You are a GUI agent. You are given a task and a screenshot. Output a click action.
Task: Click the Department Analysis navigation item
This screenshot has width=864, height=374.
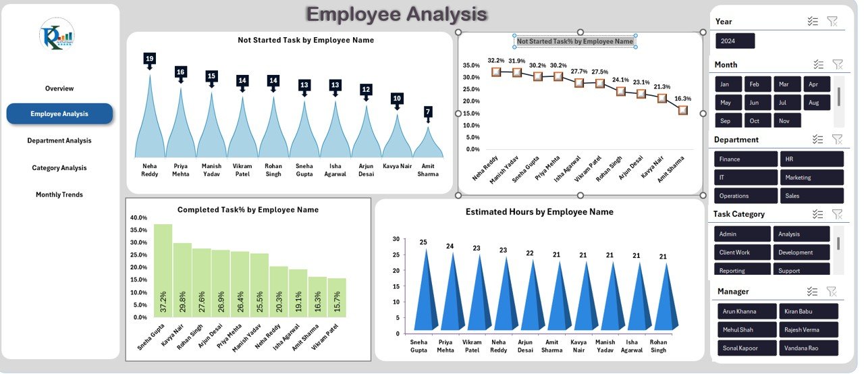(59, 140)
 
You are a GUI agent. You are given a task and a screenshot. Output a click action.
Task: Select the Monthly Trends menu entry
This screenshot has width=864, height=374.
(59, 194)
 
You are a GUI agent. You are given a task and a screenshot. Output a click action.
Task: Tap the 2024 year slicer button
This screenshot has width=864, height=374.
(735, 41)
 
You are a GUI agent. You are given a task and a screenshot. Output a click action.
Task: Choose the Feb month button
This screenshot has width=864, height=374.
(755, 84)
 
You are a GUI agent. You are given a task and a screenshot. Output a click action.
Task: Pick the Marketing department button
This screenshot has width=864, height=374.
(812, 178)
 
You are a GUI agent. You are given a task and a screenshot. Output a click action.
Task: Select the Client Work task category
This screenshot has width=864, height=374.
(742, 252)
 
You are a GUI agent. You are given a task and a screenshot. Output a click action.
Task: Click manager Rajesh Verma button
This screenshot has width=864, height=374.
(808, 330)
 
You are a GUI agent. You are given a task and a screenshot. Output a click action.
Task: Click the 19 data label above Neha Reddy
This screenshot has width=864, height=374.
(149, 59)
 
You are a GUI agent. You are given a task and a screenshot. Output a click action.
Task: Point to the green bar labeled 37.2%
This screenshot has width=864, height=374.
(163, 270)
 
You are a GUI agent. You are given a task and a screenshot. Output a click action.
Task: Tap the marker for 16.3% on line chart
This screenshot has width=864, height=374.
(683, 110)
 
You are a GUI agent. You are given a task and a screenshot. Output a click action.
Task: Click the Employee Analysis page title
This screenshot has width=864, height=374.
(396, 14)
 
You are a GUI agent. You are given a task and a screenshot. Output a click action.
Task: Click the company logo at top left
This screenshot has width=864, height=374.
(57, 36)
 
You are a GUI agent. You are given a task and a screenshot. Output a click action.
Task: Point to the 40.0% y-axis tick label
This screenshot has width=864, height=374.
(138, 218)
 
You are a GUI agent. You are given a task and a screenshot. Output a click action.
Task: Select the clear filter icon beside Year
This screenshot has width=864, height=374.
(832, 22)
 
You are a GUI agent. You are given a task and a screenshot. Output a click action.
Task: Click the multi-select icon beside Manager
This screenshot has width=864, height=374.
(813, 292)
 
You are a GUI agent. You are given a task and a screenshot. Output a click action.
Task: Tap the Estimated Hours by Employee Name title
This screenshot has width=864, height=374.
(539, 212)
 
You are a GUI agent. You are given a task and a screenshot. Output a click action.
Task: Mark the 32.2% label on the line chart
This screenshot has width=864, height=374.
(496, 60)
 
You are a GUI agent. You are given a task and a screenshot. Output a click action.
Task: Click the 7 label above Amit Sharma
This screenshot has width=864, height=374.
(428, 111)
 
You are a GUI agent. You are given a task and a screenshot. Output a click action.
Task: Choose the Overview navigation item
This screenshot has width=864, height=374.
(59, 88)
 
